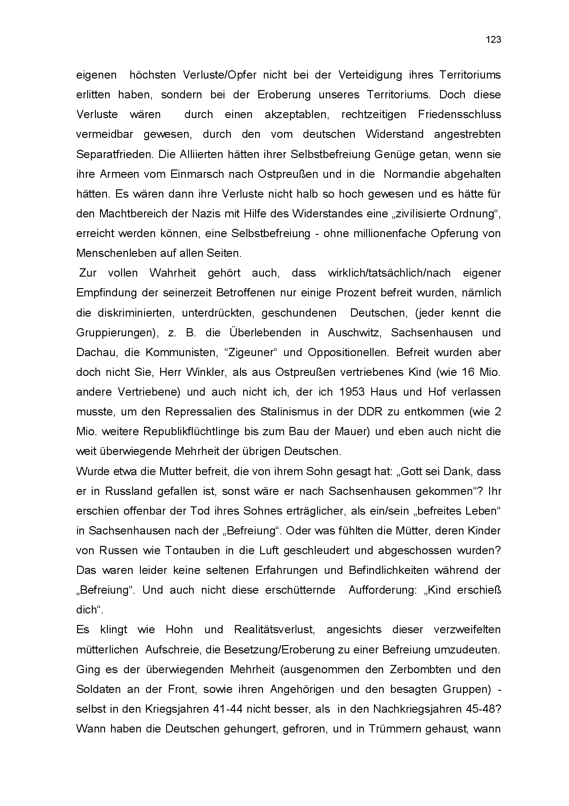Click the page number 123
(493, 40)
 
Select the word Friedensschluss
(459, 114)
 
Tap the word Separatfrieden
(114, 154)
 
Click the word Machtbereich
(130, 214)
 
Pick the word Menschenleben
(113, 253)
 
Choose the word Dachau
(93, 352)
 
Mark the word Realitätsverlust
(274, 630)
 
